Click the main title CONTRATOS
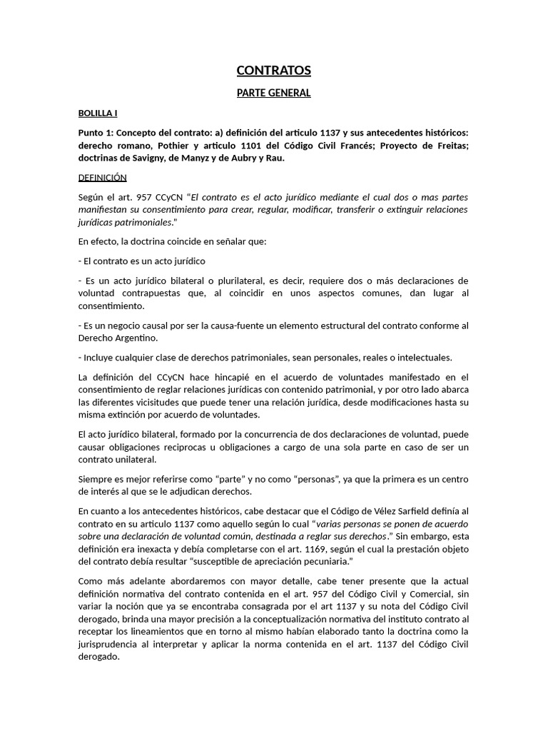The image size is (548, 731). pos(273,70)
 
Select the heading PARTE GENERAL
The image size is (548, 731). pos(273,93)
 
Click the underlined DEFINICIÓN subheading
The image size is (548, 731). pos(102,178)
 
